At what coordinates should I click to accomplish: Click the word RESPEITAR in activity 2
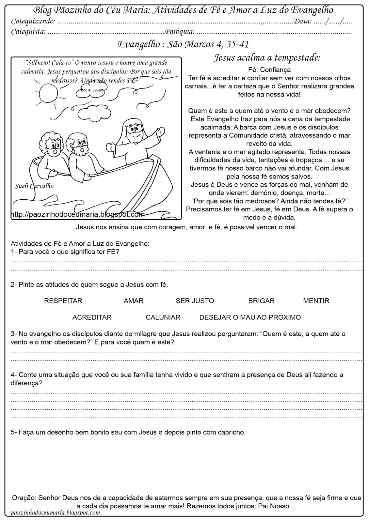pos(63,301)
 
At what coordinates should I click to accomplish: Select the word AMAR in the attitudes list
pos(134,301)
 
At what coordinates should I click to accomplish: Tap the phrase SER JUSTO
pos(195,301)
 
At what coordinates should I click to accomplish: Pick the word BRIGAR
pos(261,301)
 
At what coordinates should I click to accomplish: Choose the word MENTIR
pos(316,301)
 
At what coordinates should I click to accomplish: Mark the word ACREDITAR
pos(92,317)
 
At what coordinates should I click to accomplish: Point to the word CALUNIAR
pos(163,317)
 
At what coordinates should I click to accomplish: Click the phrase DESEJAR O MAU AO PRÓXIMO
pos(250,317)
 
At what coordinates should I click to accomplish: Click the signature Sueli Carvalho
pos(34,186)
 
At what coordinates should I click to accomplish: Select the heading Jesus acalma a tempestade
pos(267,58)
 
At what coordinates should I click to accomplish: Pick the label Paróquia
pos(180,32)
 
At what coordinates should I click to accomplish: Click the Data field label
pos(303,22)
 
